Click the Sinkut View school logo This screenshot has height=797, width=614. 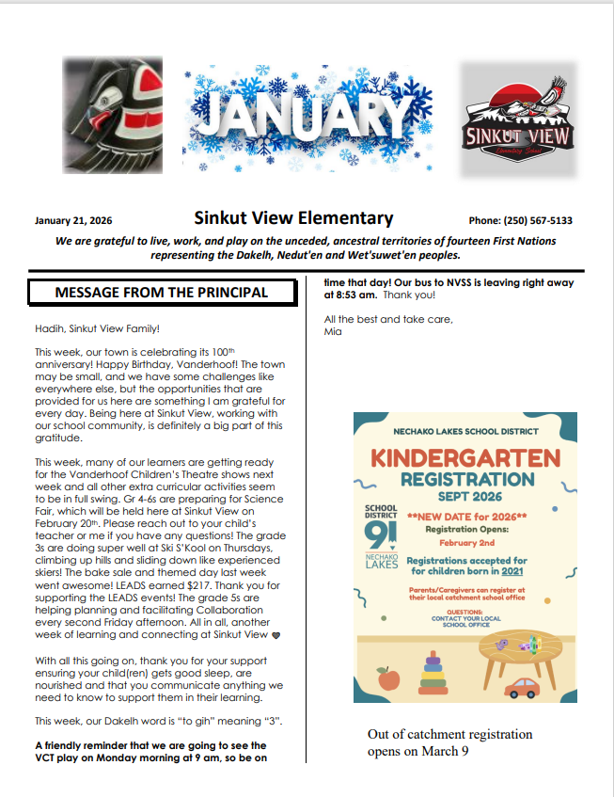[518, 120]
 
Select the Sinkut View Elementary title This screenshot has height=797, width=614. [292, 218]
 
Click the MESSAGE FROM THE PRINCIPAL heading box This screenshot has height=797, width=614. [161, 292]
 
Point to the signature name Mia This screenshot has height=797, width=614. [332, 331]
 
